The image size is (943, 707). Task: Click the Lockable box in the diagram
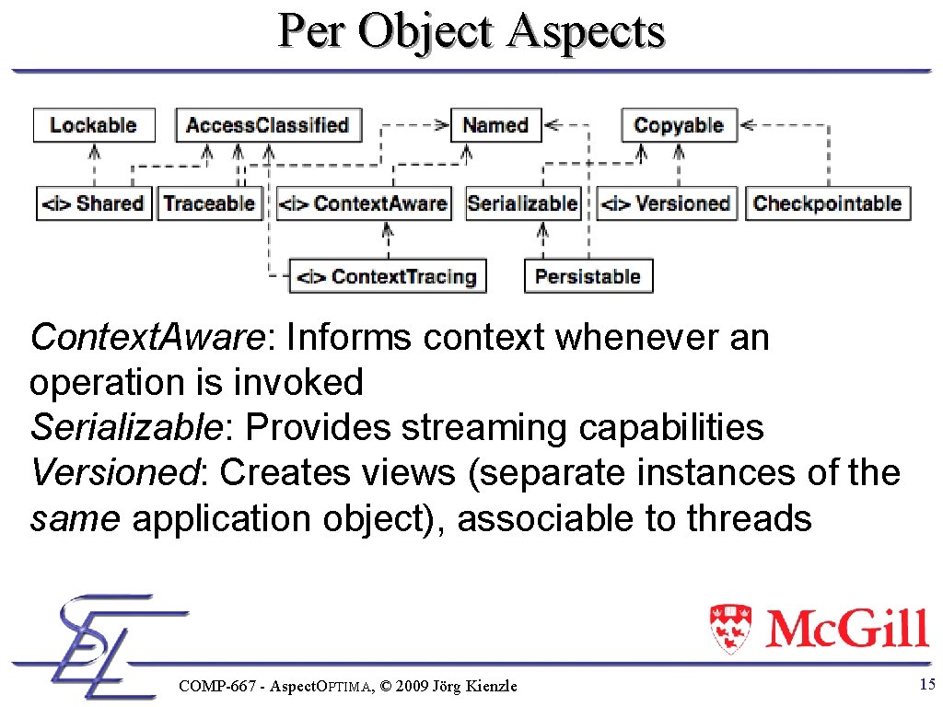click(x=93, y=125)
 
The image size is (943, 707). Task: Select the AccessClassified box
click(x=268, y=125)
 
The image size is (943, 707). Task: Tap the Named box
click(x=495, y=125)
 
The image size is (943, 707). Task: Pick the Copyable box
click(x=679, y=125)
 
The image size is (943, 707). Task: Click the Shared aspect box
click(x=93, y=203)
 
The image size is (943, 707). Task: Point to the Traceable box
click(x=209, y=203)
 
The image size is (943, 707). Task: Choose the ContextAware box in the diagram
click(x=364, y=203)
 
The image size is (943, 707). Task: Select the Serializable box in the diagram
click(x=523, y=203)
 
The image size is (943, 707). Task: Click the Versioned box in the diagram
click(x=666, y=203)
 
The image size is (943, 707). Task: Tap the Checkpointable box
click(x=827, y=203)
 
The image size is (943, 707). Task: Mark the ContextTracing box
click(x=388, y=276)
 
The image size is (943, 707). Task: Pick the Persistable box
click(x=588, y=276)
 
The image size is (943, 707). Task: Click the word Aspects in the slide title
click(x=587, y=32)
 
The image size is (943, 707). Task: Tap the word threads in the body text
click(x=750, y=519)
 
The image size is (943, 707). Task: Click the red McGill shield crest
click(x=730, y=628)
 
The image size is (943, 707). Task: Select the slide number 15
click(x=926, y=684)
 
